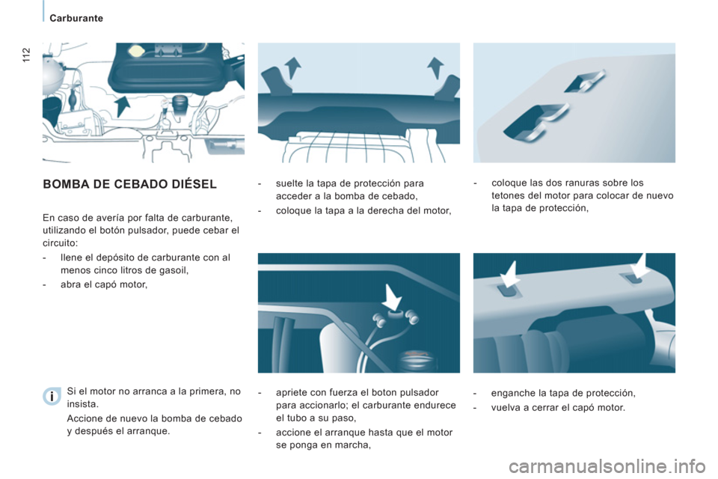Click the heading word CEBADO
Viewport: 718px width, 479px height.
(x=141, y=183)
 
